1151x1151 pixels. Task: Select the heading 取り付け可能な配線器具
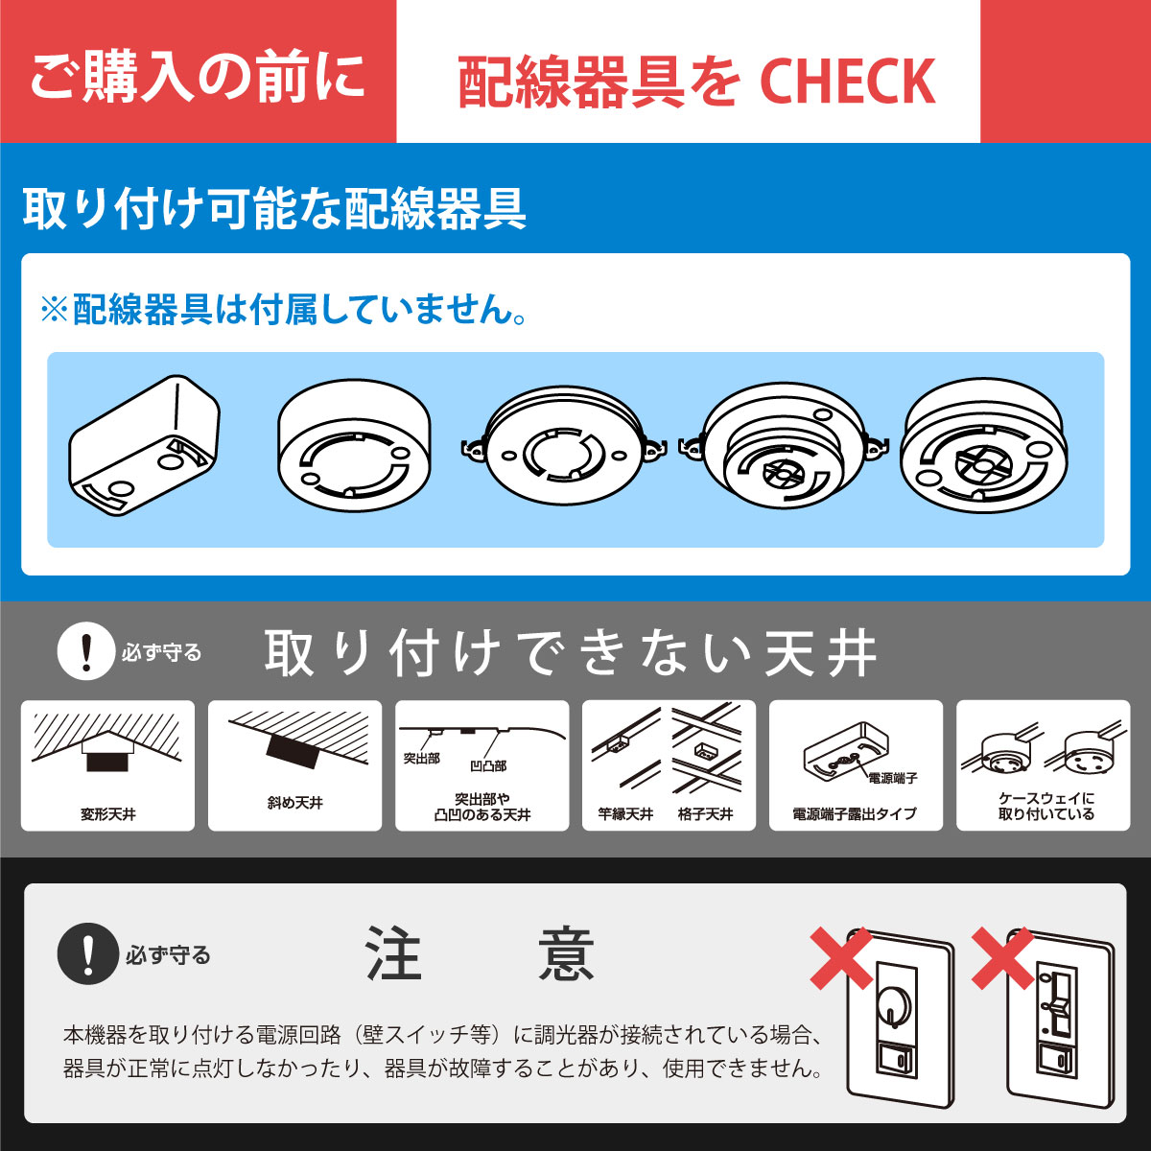[x=274, y=208]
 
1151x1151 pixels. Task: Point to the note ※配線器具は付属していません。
[x=284, y=310]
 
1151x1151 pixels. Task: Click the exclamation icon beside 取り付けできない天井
[x=86, y=652]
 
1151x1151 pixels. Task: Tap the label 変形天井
[x=107, y=814]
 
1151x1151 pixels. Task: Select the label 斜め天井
[x=294, y=803]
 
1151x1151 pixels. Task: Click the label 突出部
[x=421, y=759]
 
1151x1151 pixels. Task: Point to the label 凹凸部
[x=488, y=765]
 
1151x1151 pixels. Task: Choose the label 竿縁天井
[x=625, y=814]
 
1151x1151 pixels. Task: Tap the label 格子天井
[x=705, y=814]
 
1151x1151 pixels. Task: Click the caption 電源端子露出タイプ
[x=855, y=814]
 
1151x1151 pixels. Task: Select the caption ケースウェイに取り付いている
[x=1045, y=807]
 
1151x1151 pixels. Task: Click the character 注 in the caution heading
[x=393, y=954]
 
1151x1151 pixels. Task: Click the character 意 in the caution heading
[x=566, y=954]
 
